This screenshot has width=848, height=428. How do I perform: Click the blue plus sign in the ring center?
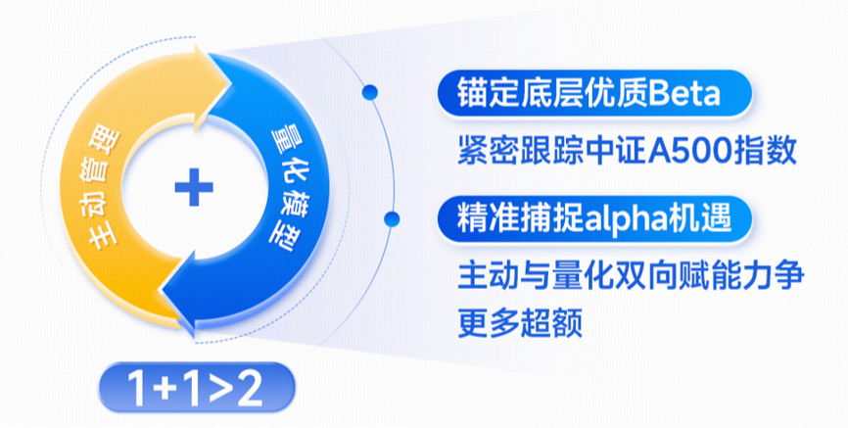point(194,188)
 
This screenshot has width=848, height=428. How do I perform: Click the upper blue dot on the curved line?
point(370,92)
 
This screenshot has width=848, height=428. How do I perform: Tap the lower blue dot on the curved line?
point(391,219)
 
